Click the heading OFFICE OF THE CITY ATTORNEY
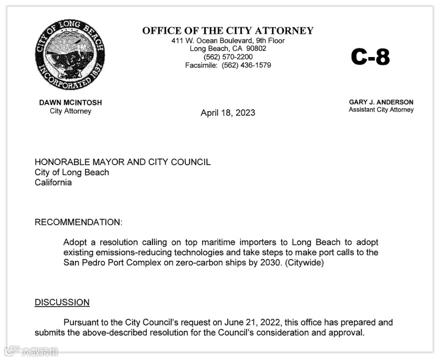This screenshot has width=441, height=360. click(228, 31)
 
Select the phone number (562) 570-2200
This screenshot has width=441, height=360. click(228, 57)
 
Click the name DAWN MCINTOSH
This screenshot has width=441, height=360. click(70, 102)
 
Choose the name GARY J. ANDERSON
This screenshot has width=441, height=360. click(381, 102)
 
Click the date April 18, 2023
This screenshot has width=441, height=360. click(228, 112)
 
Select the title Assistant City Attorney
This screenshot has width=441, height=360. click(381, 110)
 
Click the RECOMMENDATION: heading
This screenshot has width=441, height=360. click(78, 222)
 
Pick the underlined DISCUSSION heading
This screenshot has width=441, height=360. click(62, 302)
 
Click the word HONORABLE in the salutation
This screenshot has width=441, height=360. click(59, 162)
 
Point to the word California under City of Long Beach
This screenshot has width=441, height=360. click(53, 183)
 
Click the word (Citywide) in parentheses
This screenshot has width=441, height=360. click(304, 262)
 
